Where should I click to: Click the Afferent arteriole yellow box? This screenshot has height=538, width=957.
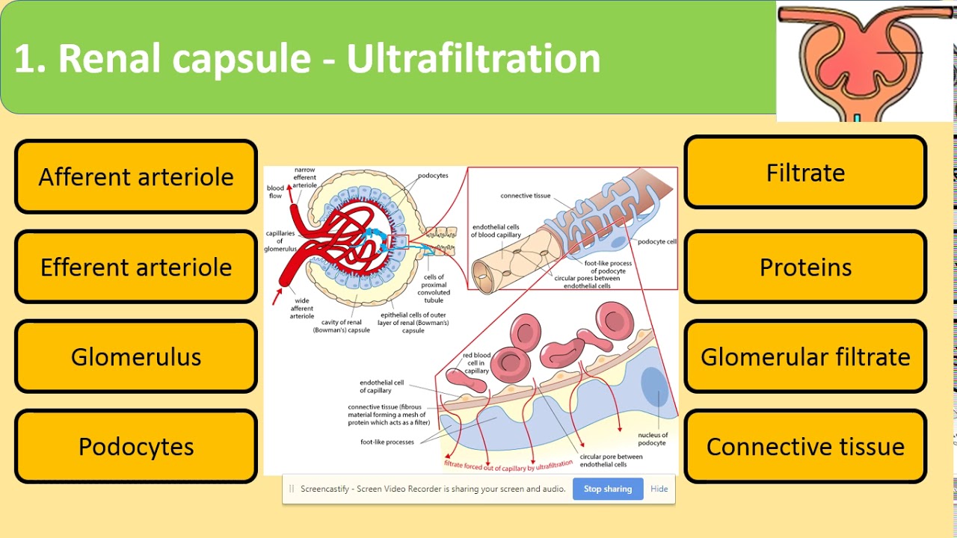pos(136,177)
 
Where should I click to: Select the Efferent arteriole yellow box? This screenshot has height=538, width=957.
pos(136,267)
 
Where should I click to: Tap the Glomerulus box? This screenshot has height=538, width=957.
pos(136,356)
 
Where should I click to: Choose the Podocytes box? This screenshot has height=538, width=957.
pos(136,446)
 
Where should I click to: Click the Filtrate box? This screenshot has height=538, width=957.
pos(805,173)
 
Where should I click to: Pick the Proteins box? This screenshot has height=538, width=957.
pos(805,267)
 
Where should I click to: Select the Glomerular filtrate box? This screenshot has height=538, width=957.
pos(805,356)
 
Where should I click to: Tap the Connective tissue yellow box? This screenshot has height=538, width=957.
pos(805,446)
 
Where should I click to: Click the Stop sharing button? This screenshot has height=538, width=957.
pos(607,489)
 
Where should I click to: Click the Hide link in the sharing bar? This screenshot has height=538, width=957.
pos(659,489)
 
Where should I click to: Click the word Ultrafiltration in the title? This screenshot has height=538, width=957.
pos(473,58)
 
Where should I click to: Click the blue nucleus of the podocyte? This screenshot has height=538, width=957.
pos(654,388)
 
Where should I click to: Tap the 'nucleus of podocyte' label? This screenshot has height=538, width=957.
pos(652,439)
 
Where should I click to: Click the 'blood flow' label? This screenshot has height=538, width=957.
pos(275,192)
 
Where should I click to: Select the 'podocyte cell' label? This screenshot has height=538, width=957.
pos(656,241)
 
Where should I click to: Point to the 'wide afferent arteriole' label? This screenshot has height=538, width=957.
pos(302,309)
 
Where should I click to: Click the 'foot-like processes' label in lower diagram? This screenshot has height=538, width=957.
pos(387,442)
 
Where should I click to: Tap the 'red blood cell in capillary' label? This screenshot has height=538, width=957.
pos(476,363)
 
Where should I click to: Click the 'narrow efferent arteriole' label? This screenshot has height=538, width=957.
pos(305,177)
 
